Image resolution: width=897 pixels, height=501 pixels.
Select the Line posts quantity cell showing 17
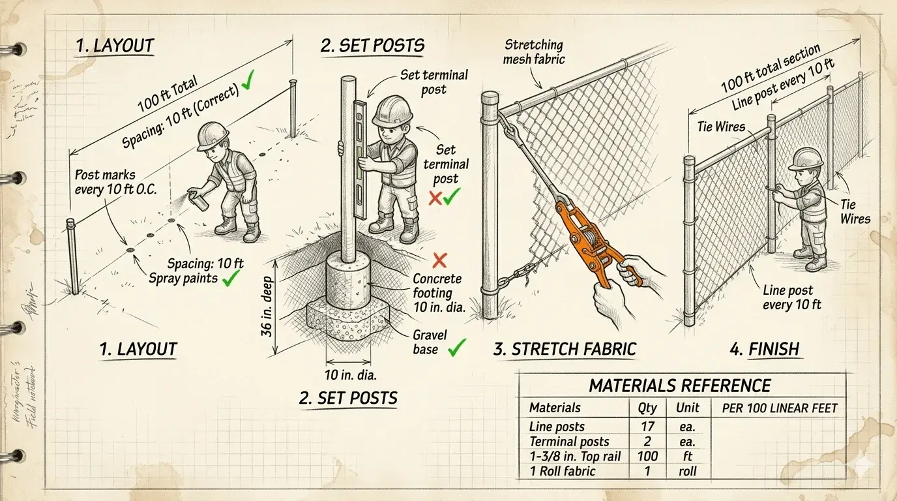pos(647,427)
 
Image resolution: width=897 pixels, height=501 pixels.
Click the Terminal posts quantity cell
pos(647,442)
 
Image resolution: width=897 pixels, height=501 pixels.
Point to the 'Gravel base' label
pos(430,342)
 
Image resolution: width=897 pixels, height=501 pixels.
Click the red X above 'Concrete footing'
pos(439,261)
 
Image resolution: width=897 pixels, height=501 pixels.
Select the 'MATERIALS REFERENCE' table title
pos(680,386)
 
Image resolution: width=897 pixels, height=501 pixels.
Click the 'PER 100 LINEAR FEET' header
pos(780,408)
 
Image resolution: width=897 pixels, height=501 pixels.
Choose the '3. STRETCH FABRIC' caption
pos(565,349)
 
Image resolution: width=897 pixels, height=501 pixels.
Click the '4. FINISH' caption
pos(764,349)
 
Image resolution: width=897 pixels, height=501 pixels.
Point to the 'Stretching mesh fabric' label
pos(534,52)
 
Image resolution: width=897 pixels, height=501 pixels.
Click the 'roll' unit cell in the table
pos(687,471)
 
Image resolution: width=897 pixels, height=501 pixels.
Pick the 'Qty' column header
pos(647,408)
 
